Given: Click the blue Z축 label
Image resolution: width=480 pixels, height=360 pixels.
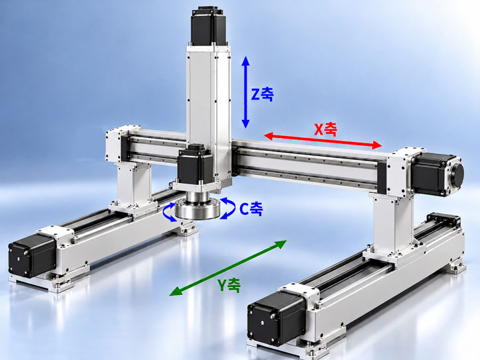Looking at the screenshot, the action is click(x=262, y=93).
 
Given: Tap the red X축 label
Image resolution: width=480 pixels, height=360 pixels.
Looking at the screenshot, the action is click(x=326, y=129).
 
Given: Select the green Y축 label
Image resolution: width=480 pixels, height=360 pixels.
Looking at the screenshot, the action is click(x=229, y=285).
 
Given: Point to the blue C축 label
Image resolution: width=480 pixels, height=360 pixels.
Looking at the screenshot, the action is click(x=251, y=209).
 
